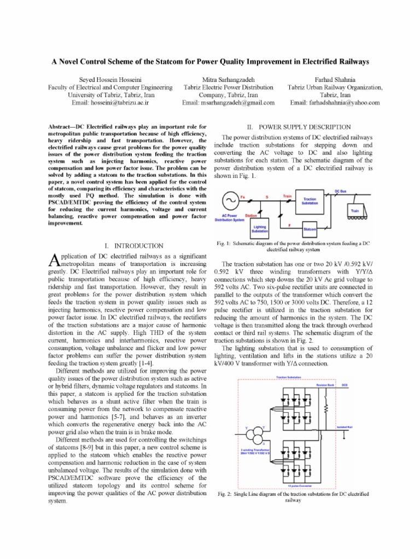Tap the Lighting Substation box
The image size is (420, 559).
tap(260, 229)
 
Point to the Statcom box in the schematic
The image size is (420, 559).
tap(310, 229)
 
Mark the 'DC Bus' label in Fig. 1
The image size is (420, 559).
tap(341, 191)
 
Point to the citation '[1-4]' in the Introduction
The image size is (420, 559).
tap(145, 363)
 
